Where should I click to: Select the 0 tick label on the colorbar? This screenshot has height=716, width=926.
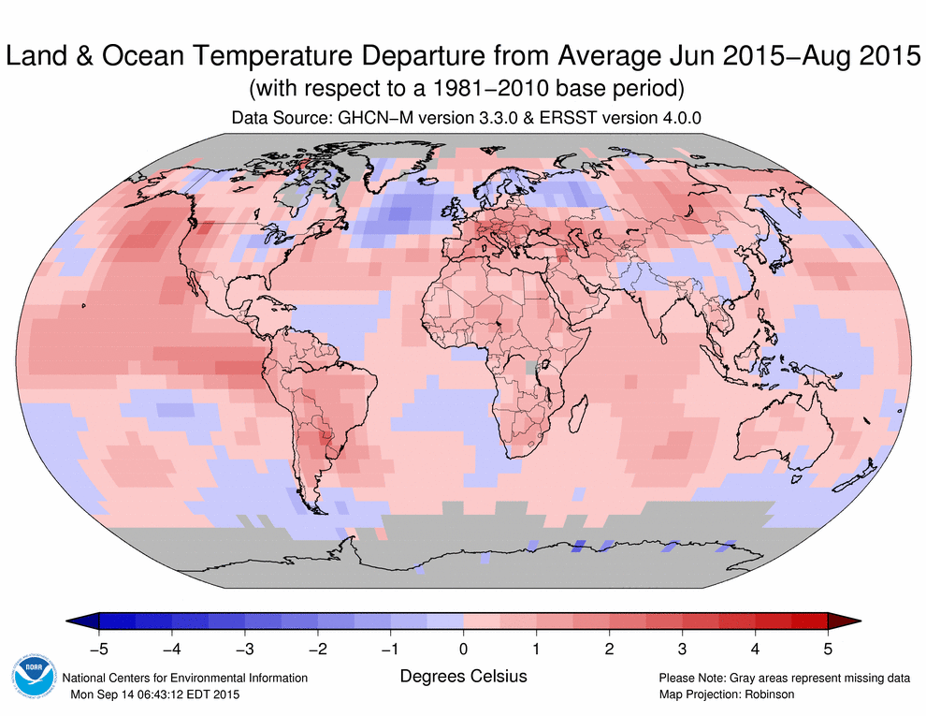pyautogui.click(x=463, y=647)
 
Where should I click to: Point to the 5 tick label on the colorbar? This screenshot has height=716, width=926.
pyautogui.click(x=828, y=647)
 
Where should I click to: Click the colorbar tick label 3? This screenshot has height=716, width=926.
pyautogui.click(x=682, y=647)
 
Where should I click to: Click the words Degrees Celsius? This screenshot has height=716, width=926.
pyautogui.click(x=463, y=675)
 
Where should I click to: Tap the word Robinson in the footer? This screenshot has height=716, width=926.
pyautogui.click(x=769, y=694)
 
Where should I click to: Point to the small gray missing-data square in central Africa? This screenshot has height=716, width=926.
pyautogui.click(x=532, y=368)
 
